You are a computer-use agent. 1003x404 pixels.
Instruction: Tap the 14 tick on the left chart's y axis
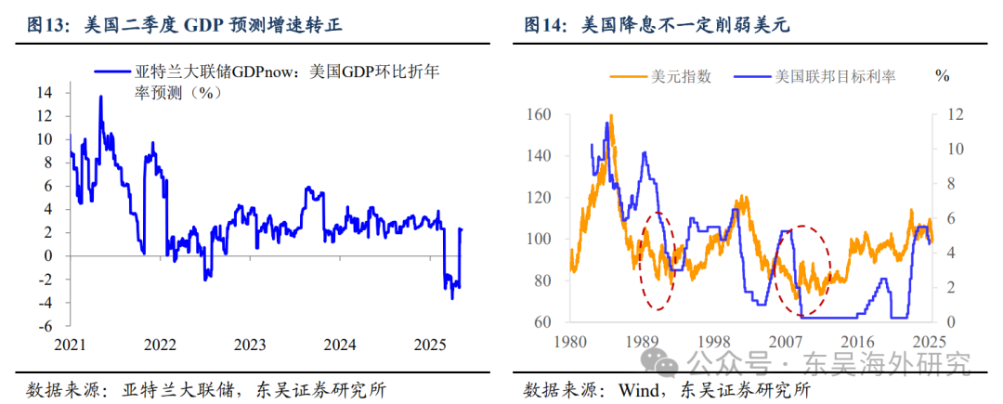45,92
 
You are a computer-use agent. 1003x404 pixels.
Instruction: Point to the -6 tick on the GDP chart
43,326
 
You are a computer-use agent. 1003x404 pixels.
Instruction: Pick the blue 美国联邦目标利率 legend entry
817,77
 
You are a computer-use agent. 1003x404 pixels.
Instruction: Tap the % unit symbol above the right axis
943,76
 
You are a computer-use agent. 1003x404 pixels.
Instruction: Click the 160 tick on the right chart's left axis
539,114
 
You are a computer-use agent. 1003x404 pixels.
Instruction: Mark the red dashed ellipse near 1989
658,261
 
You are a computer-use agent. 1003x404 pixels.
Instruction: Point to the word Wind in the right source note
641,389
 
